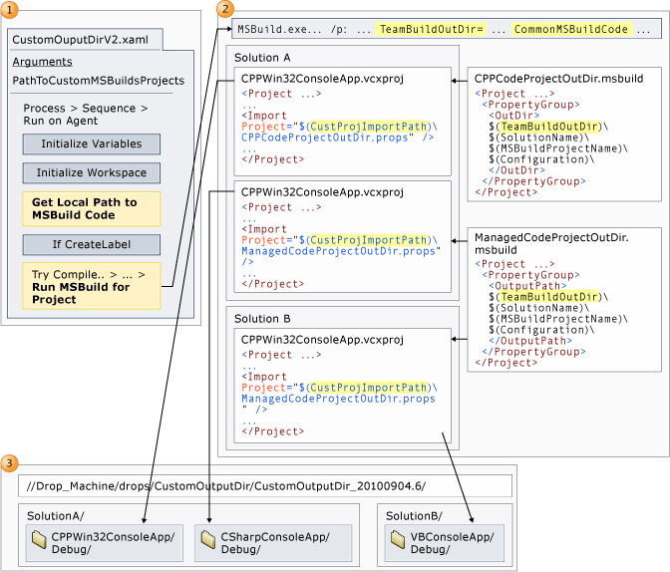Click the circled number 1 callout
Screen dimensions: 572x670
[9, 9]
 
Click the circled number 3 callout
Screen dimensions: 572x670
[9, 462]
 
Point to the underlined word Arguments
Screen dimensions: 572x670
[41, 62]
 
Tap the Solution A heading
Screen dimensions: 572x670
[263, 58]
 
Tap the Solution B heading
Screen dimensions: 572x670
[263, 318]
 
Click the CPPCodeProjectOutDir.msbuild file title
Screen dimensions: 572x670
[558, 77]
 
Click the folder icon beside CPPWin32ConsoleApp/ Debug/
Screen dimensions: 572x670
[39, 539]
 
